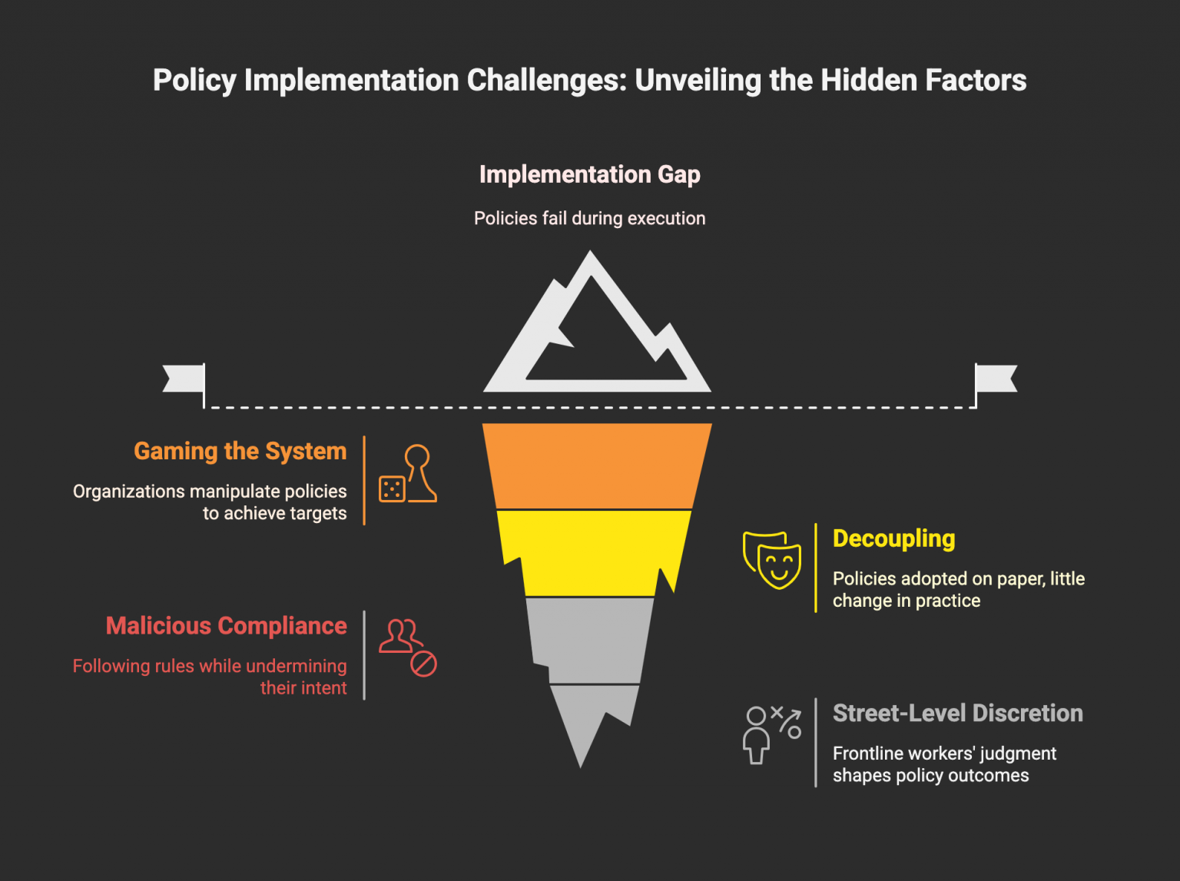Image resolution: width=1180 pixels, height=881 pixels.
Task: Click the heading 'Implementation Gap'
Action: tap(589, 174)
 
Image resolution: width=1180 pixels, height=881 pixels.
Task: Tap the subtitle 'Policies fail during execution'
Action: tap(589, 218)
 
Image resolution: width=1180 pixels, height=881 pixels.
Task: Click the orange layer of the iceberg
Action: tap(596, 465)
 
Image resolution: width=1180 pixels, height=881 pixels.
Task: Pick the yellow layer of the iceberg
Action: tap(592, 551)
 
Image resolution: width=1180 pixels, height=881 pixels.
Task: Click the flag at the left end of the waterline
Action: tap(185, 379)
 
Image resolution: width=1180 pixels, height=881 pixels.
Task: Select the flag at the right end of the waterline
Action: tap(995, 379)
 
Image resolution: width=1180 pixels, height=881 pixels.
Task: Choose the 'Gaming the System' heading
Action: tap(240, 451)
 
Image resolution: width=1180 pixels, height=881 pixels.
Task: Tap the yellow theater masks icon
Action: tap(772, 559)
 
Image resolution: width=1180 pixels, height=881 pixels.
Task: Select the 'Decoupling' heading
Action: tap(893, 538)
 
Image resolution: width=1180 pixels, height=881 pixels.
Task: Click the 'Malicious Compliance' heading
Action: tap(226, 626)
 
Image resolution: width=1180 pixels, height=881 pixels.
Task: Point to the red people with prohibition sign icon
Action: tap(408, 648)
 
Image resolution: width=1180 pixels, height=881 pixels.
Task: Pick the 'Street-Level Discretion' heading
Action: tap(957, 713)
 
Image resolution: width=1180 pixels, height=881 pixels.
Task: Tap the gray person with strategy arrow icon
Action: tap(771, 734)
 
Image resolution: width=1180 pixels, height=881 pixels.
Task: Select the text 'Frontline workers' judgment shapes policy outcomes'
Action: tap(944, 764)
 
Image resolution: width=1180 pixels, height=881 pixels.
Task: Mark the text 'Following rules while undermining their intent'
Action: tap(210, 677)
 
